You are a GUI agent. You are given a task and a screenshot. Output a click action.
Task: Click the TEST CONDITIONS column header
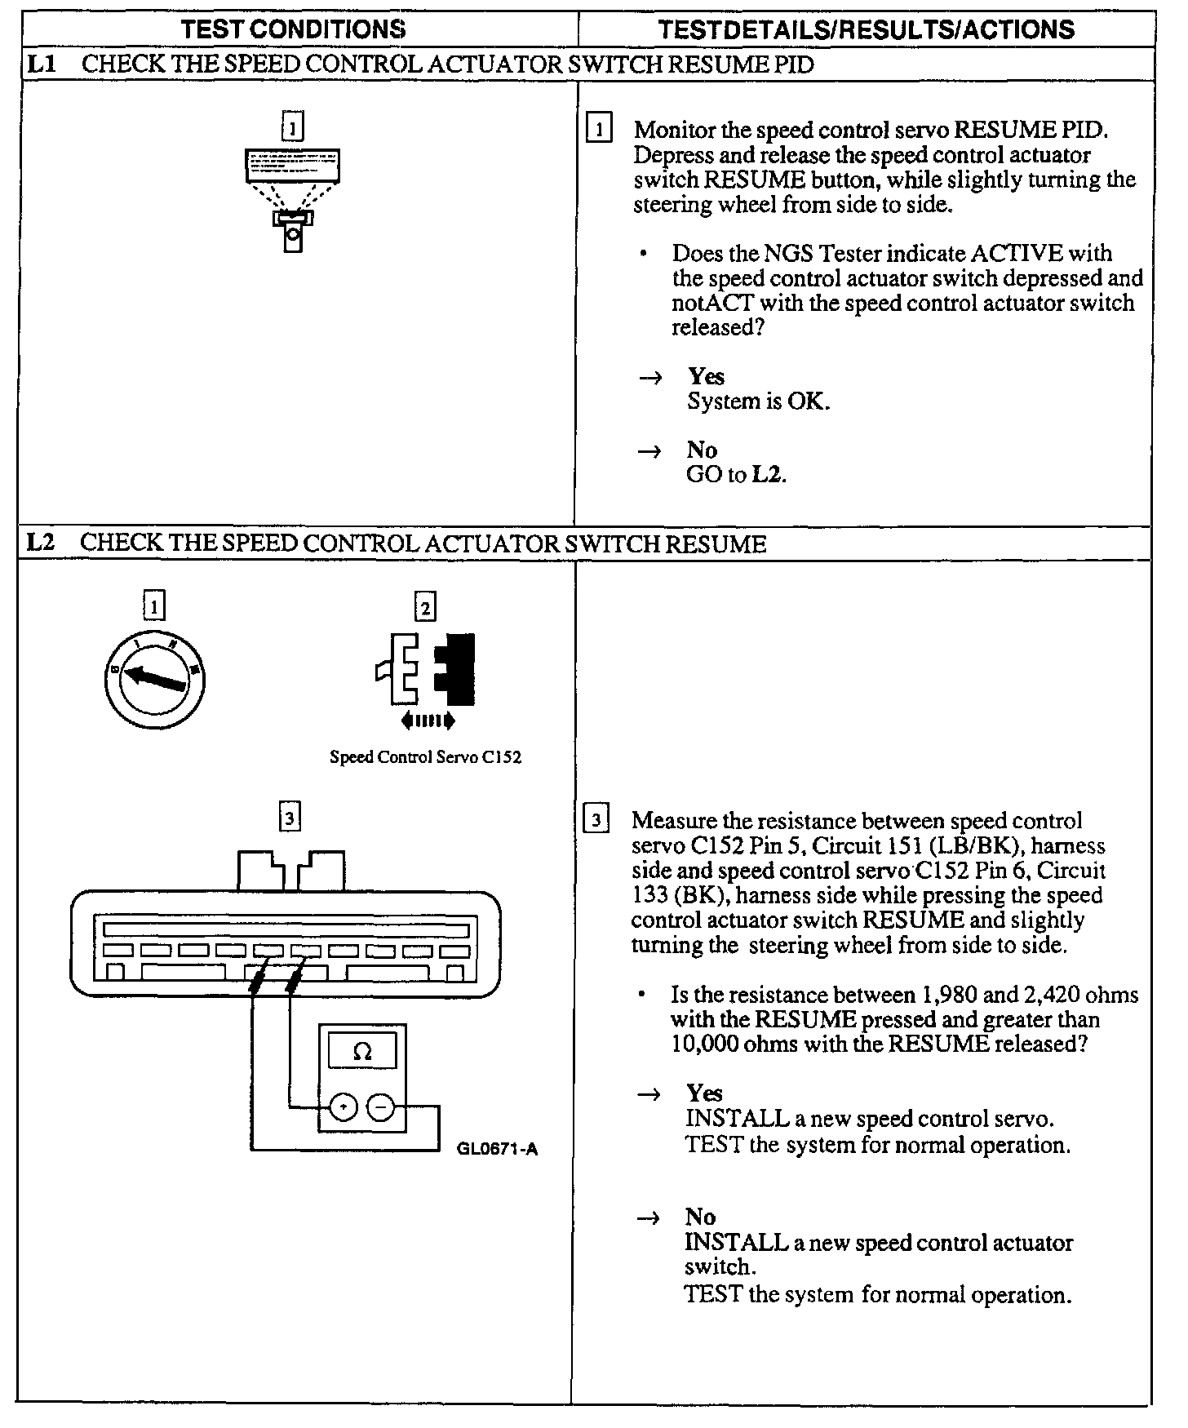click(293, 29)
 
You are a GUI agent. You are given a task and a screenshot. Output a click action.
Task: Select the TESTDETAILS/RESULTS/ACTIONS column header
click(866, 30)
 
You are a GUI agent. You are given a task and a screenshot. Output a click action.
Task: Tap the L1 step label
click(41, 64)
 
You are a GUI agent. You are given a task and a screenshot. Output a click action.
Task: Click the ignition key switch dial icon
click(155, 681)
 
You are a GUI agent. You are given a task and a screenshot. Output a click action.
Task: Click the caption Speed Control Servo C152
click(425, 757)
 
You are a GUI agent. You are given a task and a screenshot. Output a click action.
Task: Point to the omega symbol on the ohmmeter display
click(362, 1052)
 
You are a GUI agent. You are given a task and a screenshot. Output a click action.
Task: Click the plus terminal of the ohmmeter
click(344, 1106)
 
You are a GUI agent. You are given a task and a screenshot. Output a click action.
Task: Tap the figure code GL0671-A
click(497, 1150)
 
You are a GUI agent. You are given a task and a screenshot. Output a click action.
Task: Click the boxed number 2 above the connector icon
click(425, 607)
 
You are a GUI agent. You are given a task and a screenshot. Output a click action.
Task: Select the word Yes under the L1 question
click(706, 376)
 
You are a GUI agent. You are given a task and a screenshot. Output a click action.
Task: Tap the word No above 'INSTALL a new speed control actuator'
click(700, 1217)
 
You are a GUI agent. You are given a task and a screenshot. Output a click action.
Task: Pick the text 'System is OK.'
click(758, 401)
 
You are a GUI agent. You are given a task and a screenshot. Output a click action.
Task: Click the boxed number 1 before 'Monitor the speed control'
click(599, 130)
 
